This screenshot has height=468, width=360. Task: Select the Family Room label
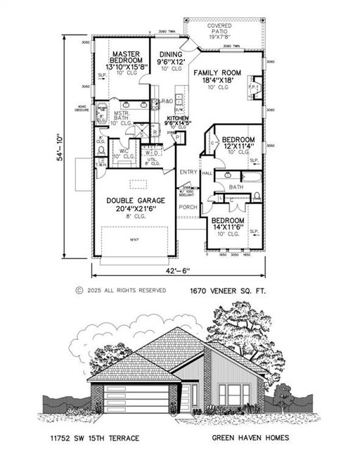coord(217,72)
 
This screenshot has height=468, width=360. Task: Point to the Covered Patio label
coord(224,29)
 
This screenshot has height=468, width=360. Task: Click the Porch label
coord(187,208)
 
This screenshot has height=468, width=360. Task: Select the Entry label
coord(188,172)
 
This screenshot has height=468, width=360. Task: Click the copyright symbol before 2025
coord(79,290)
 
